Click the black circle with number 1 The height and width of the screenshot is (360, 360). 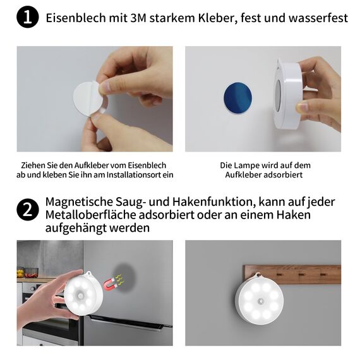27,18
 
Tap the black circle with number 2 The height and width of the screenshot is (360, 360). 27,210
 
